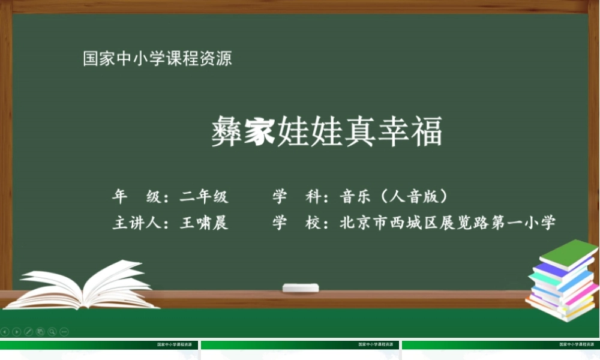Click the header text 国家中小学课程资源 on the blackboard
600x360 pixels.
157,59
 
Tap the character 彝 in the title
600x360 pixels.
227,131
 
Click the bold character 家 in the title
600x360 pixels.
260,131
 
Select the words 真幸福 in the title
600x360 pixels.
393,131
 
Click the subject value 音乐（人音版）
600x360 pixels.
394,196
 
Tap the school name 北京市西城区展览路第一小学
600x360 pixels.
448,223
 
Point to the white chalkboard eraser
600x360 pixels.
300,288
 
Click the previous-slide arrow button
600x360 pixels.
5,331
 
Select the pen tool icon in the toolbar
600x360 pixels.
28,331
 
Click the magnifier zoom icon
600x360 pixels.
52,331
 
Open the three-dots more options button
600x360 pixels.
64,331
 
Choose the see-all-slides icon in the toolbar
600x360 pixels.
40,331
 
